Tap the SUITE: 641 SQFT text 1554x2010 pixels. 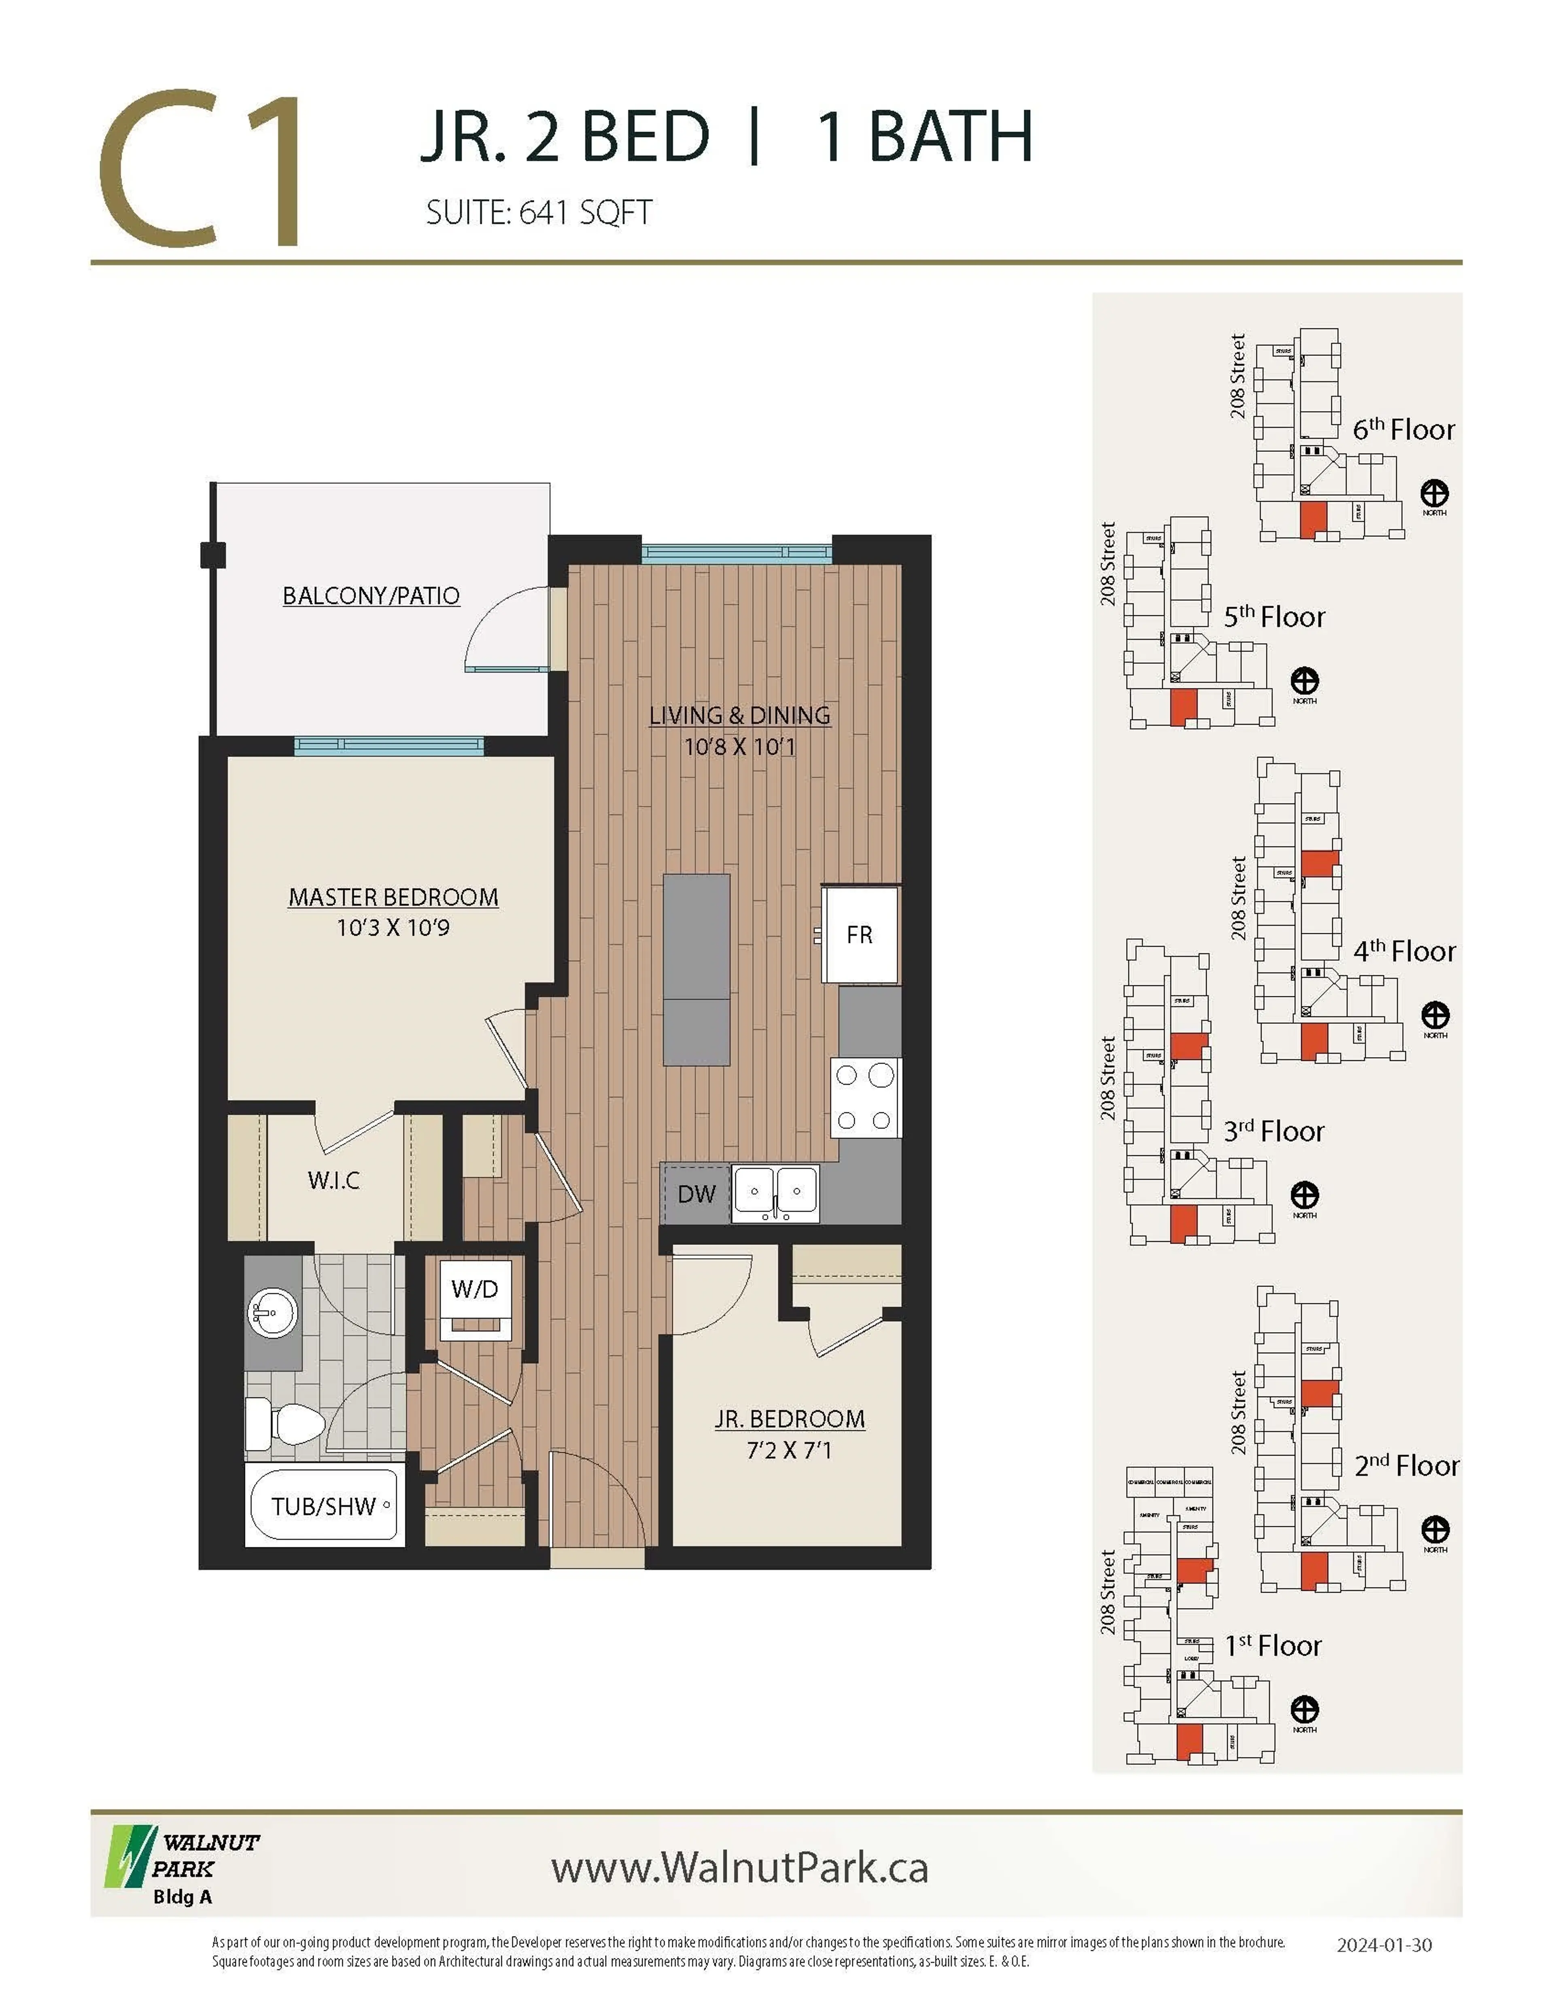tap(539, 213)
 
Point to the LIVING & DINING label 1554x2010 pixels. tap(739, 715)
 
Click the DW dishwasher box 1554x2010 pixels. tap(696, 1194)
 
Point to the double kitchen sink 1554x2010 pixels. tap(775, 1194)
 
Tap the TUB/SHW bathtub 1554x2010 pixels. tap(324, 1506)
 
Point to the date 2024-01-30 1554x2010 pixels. tap(1384, 1944)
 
